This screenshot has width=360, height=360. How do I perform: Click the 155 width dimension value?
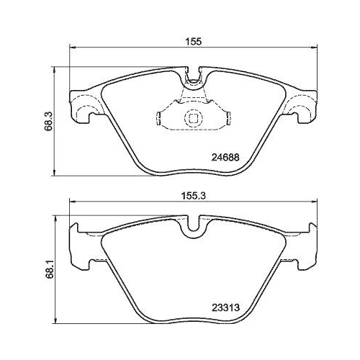click(193, 42)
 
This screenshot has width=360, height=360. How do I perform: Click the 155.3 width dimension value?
click(192, 197)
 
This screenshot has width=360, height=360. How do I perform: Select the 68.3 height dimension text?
click(48, 121)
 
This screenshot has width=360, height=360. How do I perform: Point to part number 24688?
click(225, 158)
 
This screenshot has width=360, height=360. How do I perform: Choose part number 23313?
click(225, 307)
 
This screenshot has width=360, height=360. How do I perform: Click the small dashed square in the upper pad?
click(193, 118)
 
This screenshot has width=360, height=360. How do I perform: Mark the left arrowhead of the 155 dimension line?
click(73, 48)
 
